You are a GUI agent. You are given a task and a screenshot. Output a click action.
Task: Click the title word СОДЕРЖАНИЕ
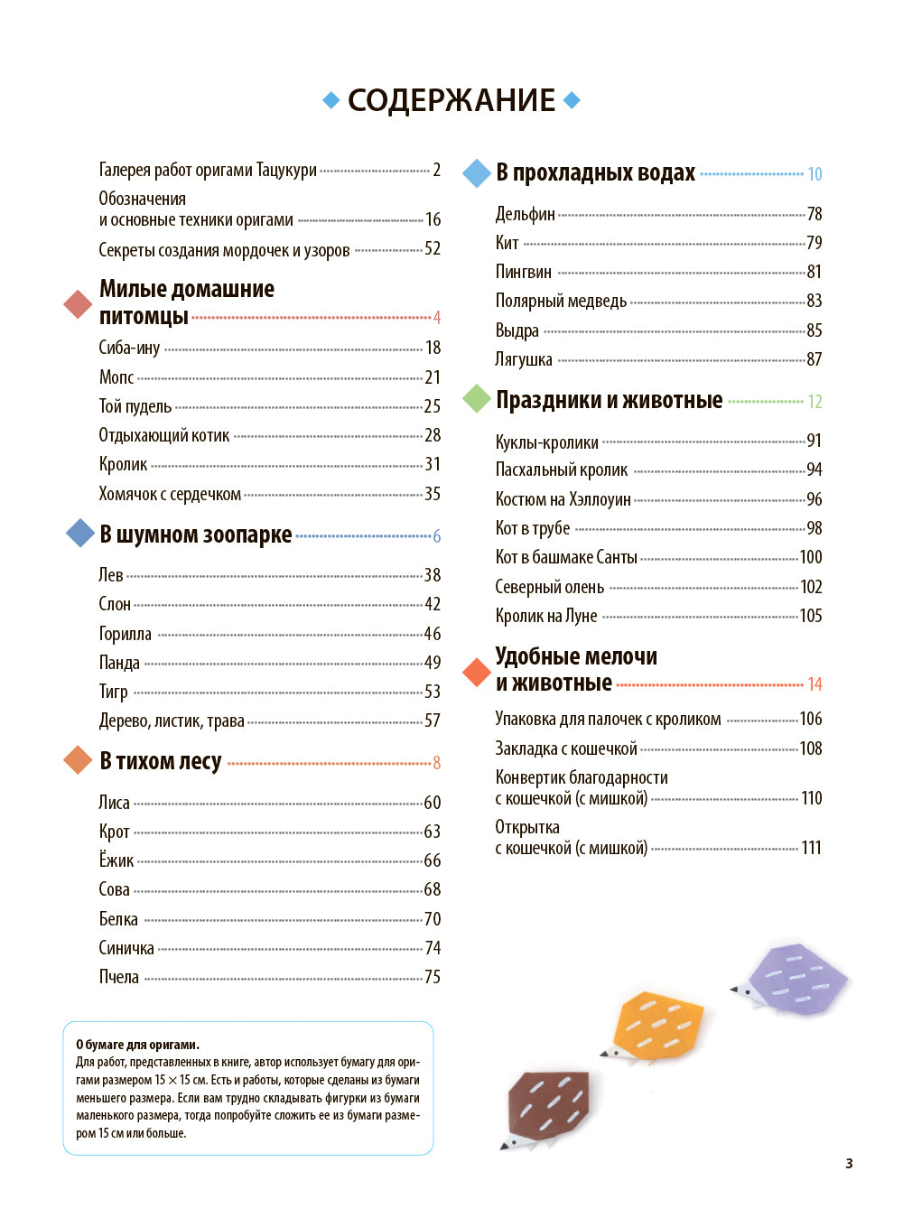pyautogui.click(x=451, y=100)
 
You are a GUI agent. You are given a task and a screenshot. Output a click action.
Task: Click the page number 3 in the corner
pyautogui.click(x=849, y=1163)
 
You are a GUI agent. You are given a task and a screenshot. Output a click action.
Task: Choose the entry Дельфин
pyautogui.click(x=525, y=214)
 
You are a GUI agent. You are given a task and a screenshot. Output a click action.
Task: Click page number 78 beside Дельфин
pyautogui.click(x=814, y=214)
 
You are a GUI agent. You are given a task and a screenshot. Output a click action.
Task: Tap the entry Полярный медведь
pyautogui.click(x=560, y=301)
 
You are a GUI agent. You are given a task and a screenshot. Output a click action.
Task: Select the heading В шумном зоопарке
pyautogui.click(x=195, y=535)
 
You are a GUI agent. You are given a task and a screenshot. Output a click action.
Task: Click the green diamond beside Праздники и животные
pyautogui.click(x=476, y=399)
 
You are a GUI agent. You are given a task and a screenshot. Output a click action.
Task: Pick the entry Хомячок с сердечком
pyautogui.click(x=170, y=494)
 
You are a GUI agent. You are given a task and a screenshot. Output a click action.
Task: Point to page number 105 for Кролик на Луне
pyautogui.click(x=810, y=616)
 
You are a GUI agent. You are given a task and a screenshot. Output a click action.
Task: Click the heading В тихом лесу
pyautogui.click(x=160, y=761)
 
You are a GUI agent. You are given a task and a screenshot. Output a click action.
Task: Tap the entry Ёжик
pyautogui.click(x=116, y=860)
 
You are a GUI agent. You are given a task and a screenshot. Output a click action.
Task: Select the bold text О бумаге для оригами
pyautogui.click(x=137, y=1045)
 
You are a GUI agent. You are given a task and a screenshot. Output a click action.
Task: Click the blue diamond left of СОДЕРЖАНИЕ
pyautogui.click(x=331, y=100)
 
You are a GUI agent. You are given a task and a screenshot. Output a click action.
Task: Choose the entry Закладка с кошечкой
pyautogui.click(x=565, y=748)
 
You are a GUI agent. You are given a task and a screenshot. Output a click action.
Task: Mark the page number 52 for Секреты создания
pyautogui.click(x=433, y=249)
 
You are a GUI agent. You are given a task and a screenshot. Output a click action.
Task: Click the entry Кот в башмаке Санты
pyautogui.click(x=565, y=557)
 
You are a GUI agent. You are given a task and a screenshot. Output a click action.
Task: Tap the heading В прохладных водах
pyautogui.click(x=595, y=172)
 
